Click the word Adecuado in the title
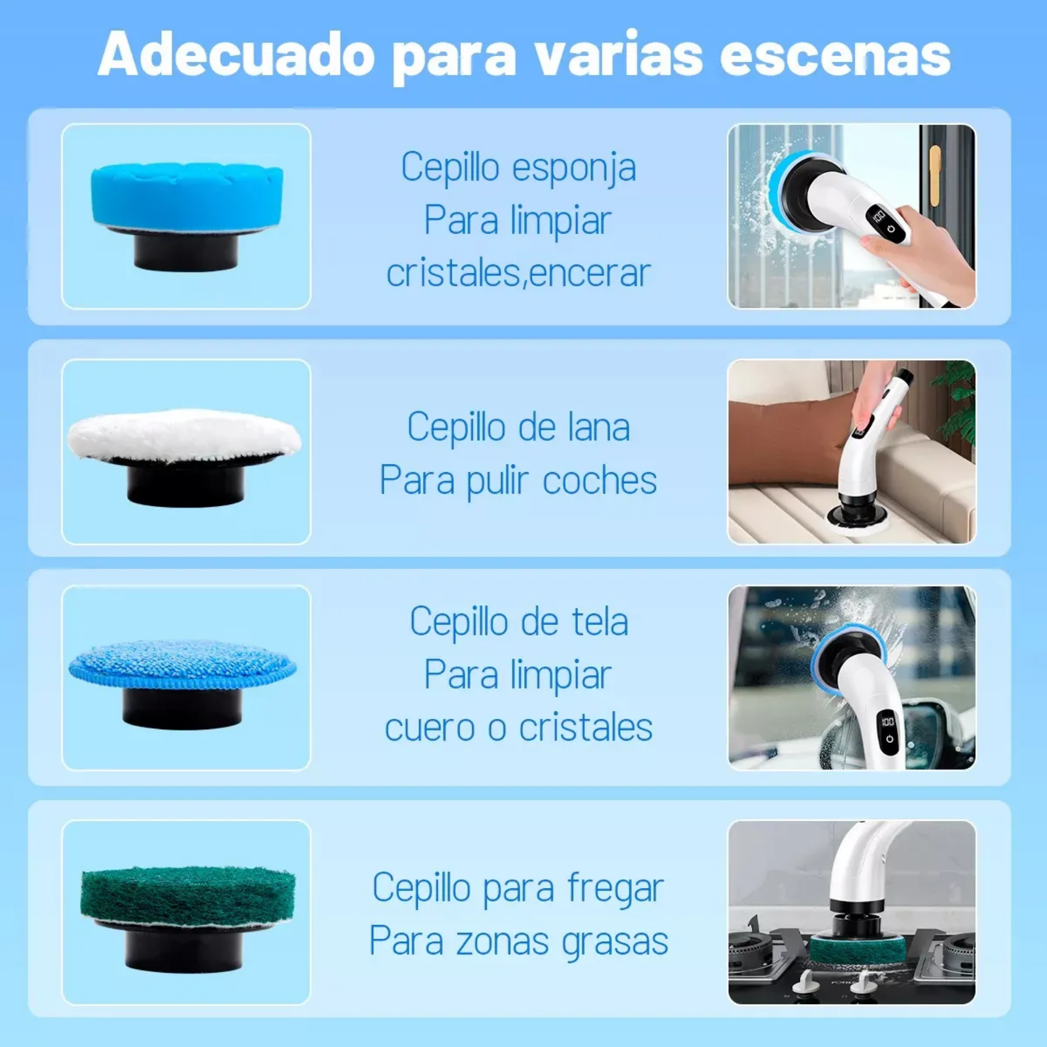coord(236,55)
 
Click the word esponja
coord(574,168)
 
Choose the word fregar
coord(616,889)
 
